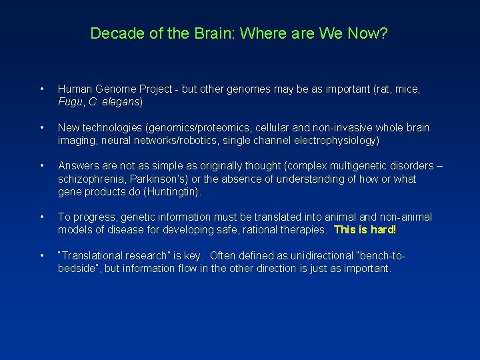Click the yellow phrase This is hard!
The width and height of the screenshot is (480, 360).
click(365, 230)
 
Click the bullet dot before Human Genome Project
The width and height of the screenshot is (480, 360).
click(42, 89)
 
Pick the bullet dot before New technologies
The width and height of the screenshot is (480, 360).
click(42, 127)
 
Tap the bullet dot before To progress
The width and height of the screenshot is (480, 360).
click(42, 217)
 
